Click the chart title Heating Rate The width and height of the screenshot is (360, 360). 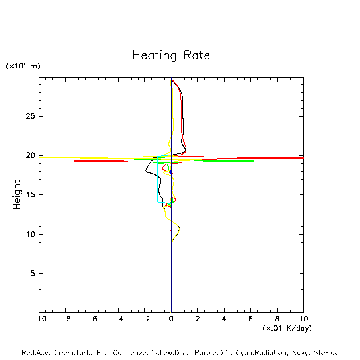pos(171,55)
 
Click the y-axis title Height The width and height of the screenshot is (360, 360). pos(17,195)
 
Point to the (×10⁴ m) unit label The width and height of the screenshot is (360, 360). pos(23,66)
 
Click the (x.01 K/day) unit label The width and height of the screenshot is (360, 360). pos(287,328)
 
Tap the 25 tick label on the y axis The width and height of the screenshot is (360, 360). pos(29,116)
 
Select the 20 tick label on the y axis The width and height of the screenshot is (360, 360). pos(29,156)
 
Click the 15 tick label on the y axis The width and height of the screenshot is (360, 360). pos(29,195)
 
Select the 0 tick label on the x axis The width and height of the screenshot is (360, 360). pos(171,319)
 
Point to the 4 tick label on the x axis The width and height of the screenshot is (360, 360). pos(224,319)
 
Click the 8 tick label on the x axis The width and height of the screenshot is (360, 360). pos(277,319)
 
